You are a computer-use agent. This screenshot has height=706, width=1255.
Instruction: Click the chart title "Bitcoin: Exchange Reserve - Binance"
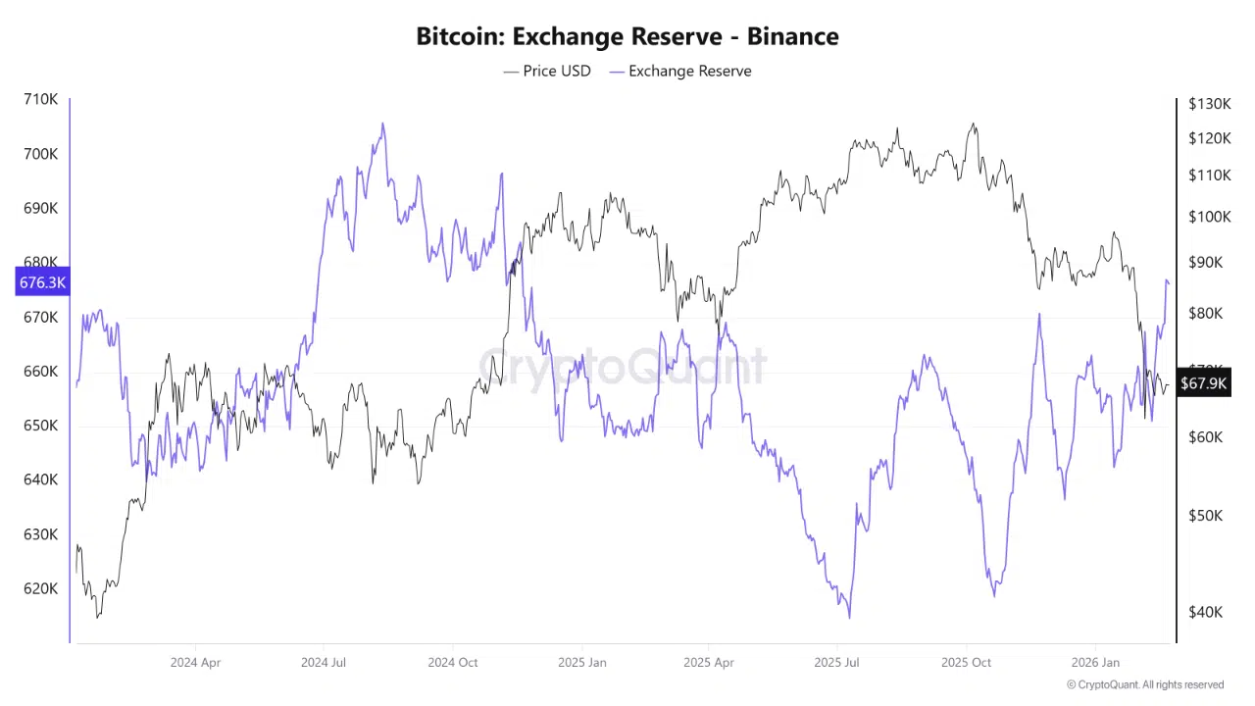click(627, 36)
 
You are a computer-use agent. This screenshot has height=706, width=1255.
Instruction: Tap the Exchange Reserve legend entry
click(680, 71)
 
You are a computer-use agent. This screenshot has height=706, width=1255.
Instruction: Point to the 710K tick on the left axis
click(40, 99)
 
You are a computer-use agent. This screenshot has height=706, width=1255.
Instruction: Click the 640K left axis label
click(40, 479)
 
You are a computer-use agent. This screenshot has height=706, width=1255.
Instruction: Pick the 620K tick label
click(40, 588)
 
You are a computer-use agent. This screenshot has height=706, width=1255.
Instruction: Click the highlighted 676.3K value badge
click(42, 282)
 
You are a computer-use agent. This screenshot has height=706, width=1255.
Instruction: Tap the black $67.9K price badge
click(1202, 383)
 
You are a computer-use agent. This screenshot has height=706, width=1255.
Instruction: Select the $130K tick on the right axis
click(1209, 103)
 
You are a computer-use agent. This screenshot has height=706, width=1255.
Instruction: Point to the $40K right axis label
click(1205, 612)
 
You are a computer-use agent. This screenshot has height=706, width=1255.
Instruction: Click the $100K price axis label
click(1209, 217)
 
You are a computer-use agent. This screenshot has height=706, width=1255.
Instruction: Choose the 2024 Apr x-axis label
click(195, 662)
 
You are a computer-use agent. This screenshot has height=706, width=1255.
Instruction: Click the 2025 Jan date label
click(581, 662)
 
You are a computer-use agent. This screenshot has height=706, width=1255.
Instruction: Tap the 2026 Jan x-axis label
click(1095, 662)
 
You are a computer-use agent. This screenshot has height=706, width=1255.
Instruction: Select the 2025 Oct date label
click(966, 662)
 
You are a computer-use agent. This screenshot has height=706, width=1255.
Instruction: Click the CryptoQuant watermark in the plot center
click(623, 367)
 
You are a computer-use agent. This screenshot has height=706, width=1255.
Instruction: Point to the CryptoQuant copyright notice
click(1145, 684)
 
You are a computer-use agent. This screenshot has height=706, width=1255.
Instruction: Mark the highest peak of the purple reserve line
click(382, 124)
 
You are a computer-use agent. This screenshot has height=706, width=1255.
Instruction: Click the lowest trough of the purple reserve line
click(849, 617)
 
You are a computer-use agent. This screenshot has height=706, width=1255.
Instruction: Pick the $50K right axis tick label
click(1205, 516)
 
